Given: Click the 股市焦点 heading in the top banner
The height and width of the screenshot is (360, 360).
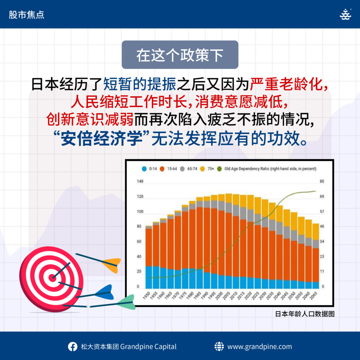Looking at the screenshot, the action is pos(26,15).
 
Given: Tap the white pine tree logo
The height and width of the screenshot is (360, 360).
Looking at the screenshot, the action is pos(345,14).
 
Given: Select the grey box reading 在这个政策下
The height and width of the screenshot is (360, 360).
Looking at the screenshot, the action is pos(180,54).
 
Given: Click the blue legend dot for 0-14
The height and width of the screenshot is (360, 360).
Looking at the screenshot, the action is pos(144,169).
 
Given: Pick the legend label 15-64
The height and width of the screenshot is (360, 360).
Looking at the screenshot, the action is pos(172,169).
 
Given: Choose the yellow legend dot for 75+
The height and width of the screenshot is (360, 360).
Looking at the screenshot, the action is pos(202,169).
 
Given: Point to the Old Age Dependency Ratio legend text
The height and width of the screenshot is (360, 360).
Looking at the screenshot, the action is pos(270,169).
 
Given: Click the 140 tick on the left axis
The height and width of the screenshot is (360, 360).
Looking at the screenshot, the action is pos(140,181).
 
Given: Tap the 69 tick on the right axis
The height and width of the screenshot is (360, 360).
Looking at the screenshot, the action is pos(322,197).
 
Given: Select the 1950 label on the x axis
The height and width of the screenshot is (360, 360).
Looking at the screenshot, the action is pos(147,295).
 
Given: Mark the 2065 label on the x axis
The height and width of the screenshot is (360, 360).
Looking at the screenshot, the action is pos(314,295).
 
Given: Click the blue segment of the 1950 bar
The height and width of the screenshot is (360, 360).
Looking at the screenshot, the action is pos(149,277).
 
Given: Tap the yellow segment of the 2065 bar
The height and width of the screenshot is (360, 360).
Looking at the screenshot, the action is pos(316,232).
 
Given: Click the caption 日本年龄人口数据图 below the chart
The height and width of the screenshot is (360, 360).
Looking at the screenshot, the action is pos(305,314).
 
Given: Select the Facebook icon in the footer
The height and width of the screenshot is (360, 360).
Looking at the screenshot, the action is pos(72,346).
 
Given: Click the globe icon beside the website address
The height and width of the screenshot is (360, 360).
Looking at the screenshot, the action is pos(219,346).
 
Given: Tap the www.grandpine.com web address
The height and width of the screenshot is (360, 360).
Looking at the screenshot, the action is pos(259,347).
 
